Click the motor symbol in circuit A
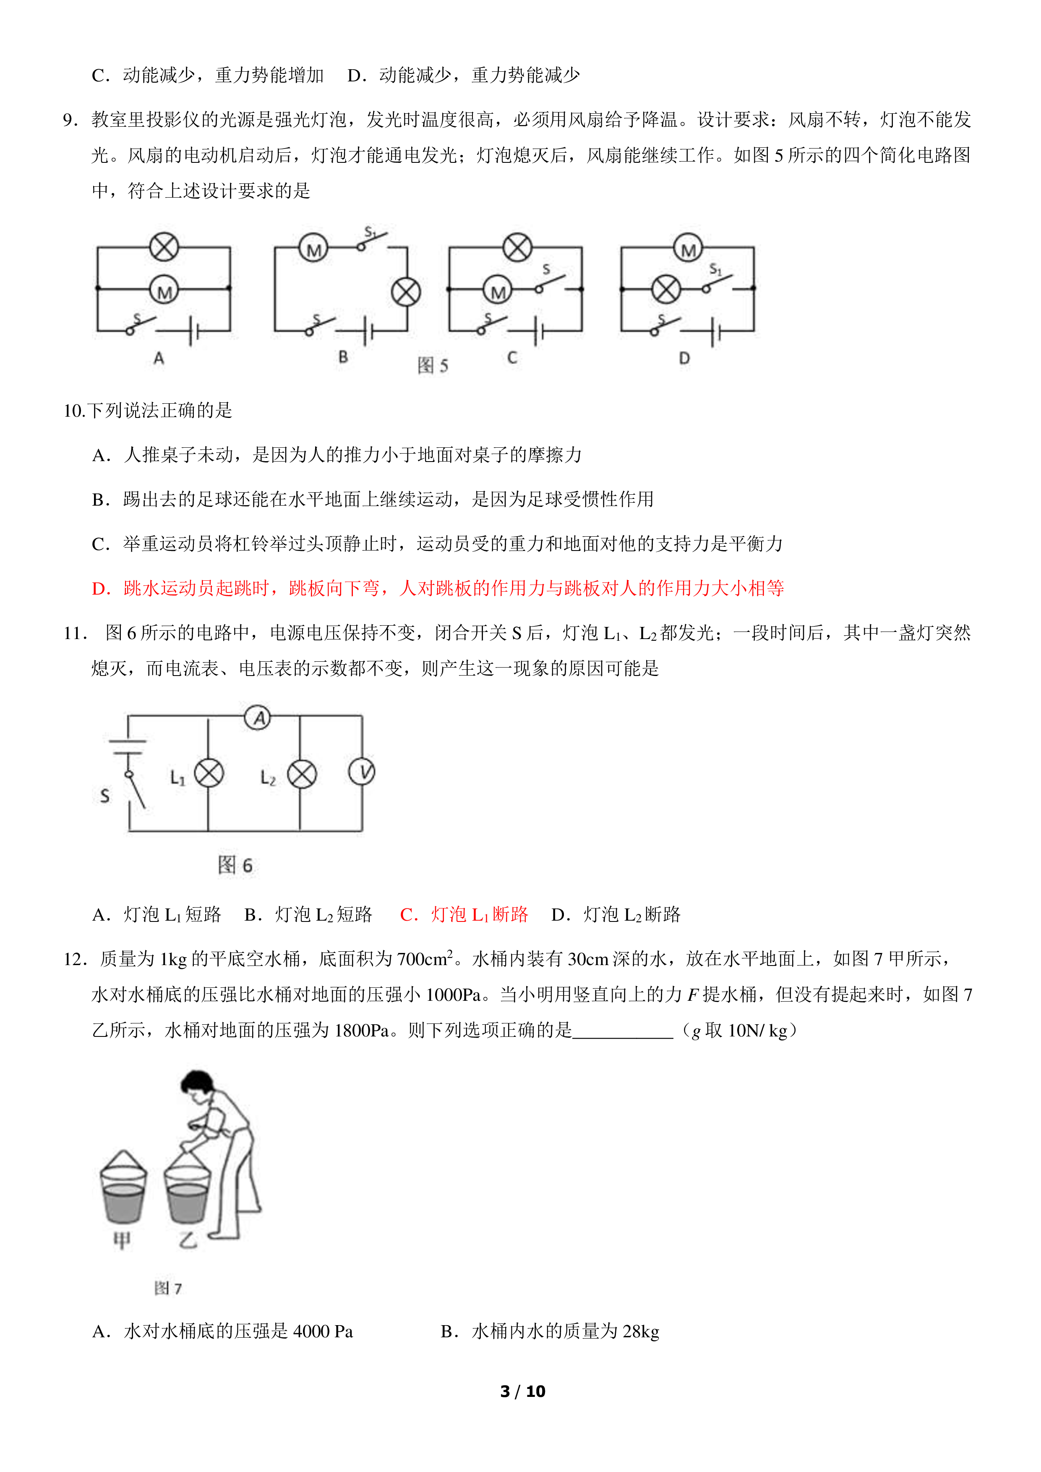click(164, 290)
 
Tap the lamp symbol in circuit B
click(406, 292)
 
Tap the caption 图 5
click(433, 365)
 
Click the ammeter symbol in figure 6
click(258, 718)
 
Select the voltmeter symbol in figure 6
click(362, 772)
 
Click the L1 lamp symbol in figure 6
click(209, 773)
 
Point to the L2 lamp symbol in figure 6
click(302, 774)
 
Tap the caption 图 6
click(235, 865)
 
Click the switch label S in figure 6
click(105, 796)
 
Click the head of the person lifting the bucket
click(196, 1083)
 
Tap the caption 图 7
click(168, 1288)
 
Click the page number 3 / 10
click(522, 1391)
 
